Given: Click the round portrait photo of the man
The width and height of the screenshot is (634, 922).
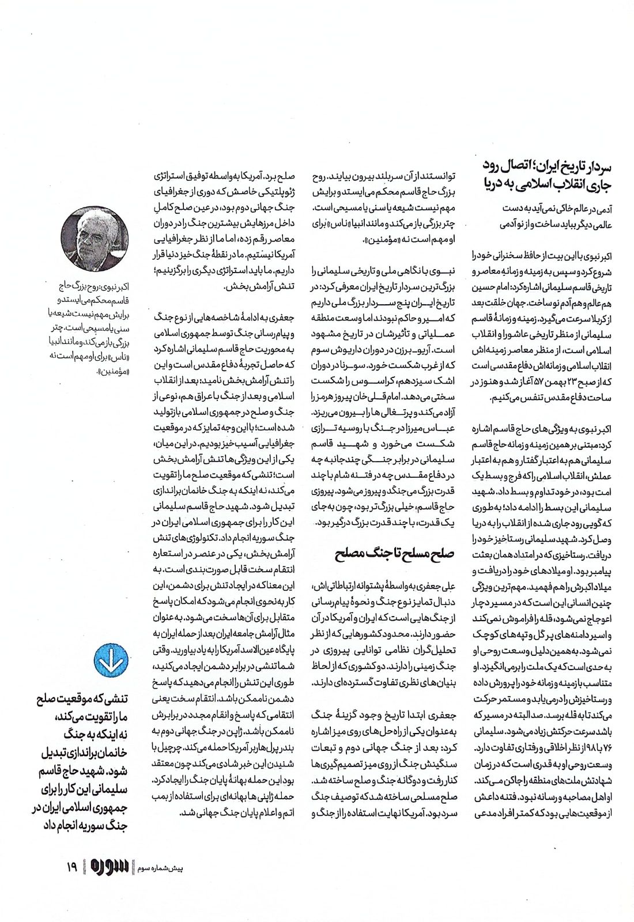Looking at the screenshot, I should pos(95,238).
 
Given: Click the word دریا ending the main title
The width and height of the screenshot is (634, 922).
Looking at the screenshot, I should pos(496,184).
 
